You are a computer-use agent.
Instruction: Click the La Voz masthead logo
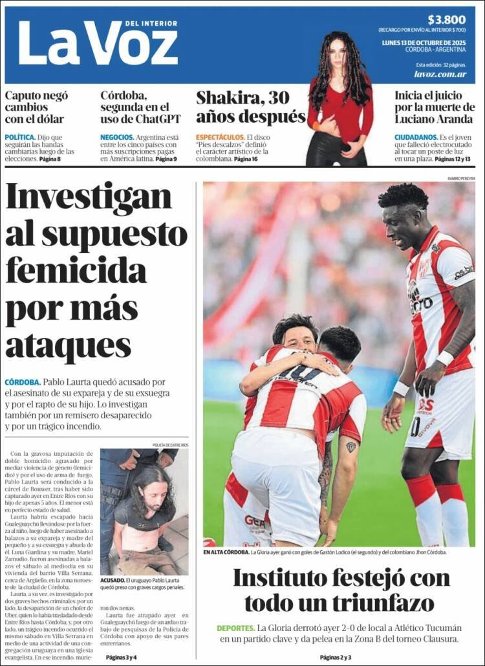(97, 43)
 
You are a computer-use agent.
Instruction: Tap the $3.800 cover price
(446, 19)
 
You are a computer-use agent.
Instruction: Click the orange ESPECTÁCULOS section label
(220, 138)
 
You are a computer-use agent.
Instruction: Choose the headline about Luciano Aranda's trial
(435, 107)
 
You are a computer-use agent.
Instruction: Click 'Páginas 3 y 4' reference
(122, 657)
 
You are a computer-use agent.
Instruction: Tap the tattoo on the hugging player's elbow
(350, 446)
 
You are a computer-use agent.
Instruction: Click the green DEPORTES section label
(235, 628)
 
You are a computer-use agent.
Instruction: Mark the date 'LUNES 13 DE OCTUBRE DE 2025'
(427, 43)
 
